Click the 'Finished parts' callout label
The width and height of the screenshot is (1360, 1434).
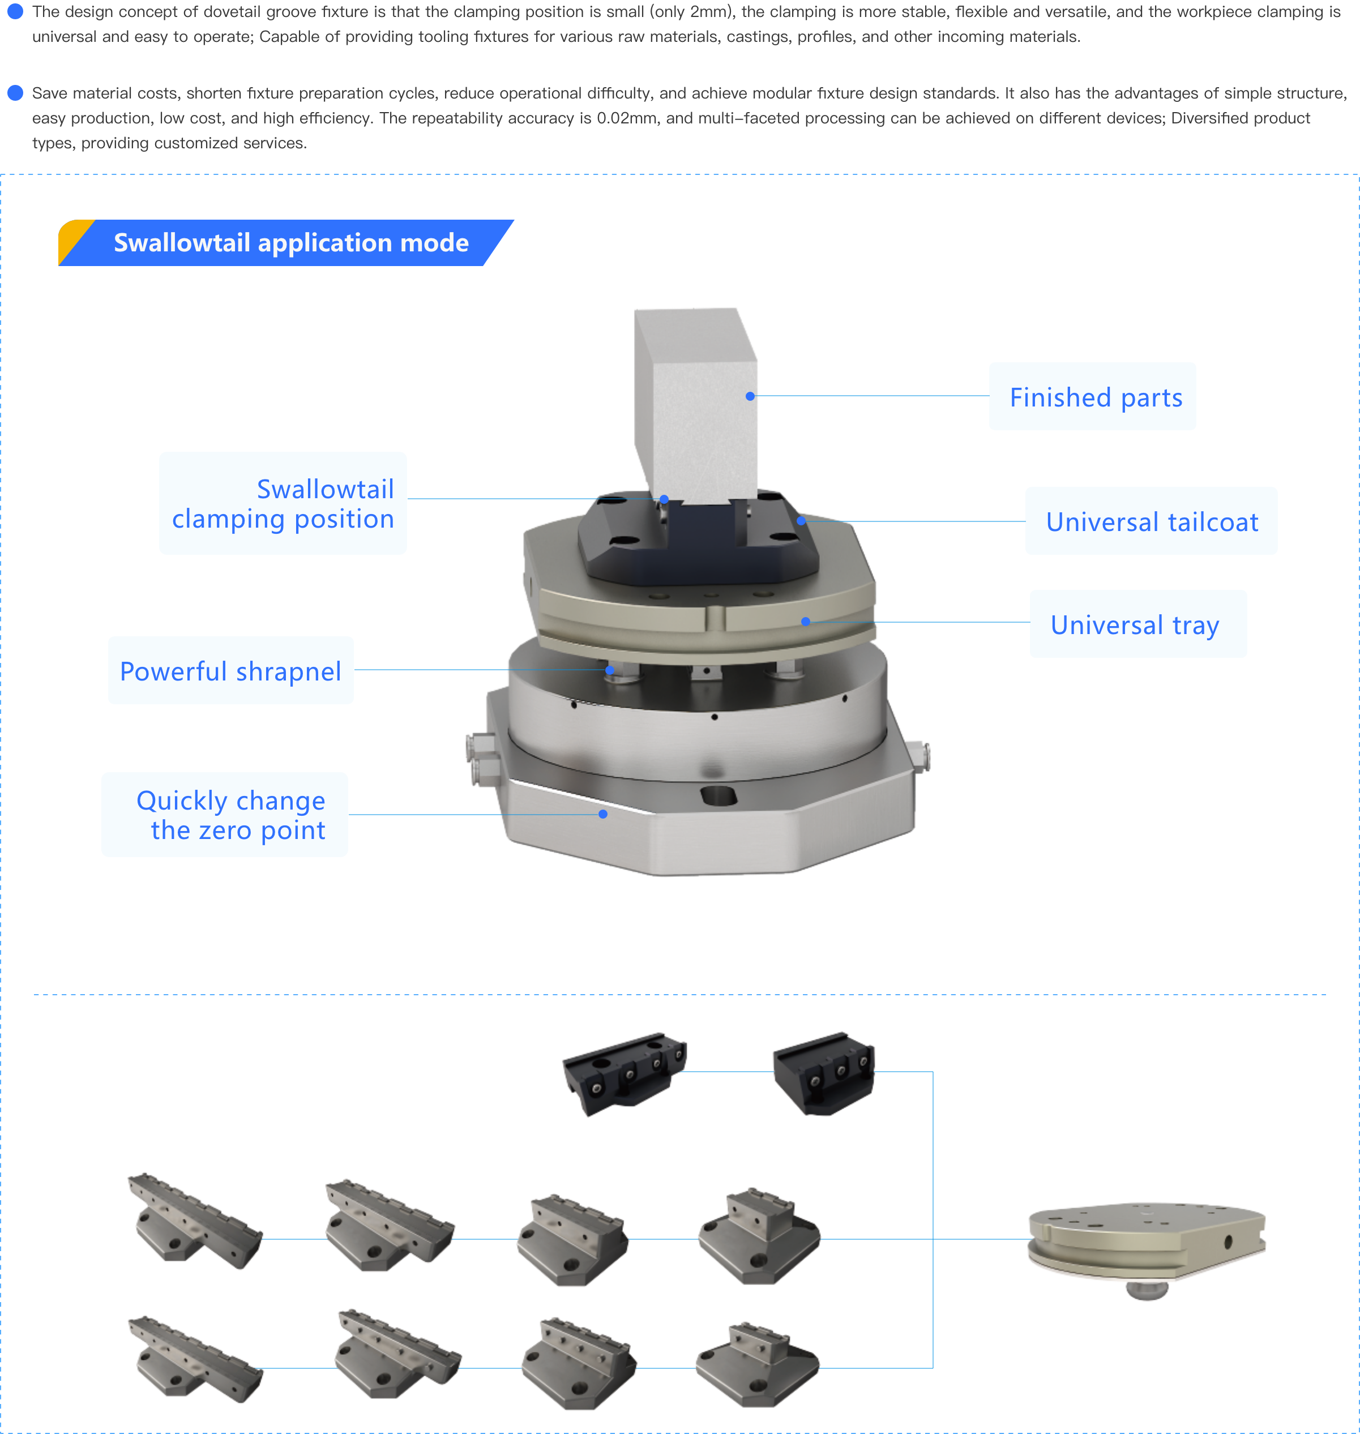point(1096,397)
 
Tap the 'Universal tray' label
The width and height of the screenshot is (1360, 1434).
point(1135,625)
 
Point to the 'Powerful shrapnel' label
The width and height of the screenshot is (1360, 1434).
point(230,671)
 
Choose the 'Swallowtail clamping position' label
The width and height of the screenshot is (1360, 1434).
point(283,504)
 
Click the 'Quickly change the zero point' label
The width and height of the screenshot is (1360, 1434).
point(230,815)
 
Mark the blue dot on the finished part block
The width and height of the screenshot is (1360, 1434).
point(750,396)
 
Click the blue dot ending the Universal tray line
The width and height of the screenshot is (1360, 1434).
point(806,621)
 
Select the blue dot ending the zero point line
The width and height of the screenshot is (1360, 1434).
point(603,814)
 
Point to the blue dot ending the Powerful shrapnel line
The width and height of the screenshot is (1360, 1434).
point(610,670)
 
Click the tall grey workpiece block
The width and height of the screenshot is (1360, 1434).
point(696,406)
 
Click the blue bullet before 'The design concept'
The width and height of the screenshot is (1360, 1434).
point(15,11)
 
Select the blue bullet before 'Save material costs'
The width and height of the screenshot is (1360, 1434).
point(15,93)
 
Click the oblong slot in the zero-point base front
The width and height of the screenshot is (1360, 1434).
point(719,795)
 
